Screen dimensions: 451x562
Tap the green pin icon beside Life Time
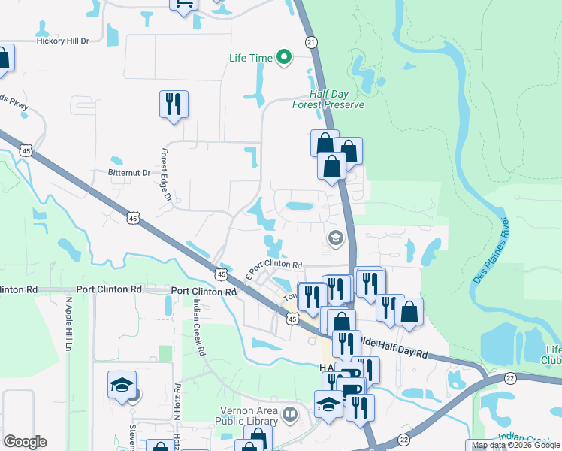tap(283, 57)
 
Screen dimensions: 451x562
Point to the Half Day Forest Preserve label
tap(328, 100)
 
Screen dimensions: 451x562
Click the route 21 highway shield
tap(311, 43)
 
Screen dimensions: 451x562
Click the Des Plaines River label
tap(492, 251)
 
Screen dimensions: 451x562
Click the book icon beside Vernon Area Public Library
tap(289, 413)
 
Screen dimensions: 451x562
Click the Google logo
tap(25, 442)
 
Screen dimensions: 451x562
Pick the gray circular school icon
tap(335, 239)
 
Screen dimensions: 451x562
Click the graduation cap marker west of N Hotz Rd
tap(122, 386)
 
